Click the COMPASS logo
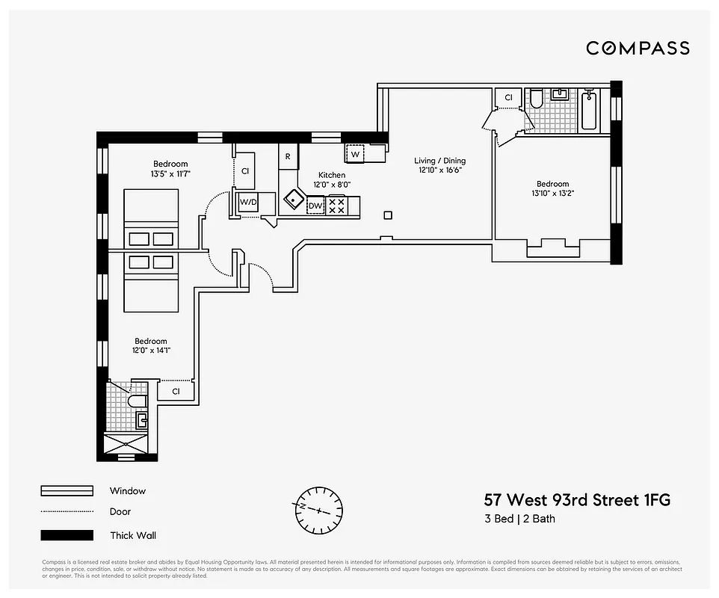[638, 49]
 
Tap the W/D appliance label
[247, 202]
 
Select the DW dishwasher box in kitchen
[315, 206]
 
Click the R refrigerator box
[288, 156]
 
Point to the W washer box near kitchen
[355, 154]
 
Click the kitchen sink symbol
[293, 200]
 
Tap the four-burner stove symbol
[336, 206]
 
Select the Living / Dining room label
[439, 161]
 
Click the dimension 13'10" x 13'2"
[552, 194]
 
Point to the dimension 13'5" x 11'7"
[170, 174]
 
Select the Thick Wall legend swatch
[67, 535]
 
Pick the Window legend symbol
[67, 491]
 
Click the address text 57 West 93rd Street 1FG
[577, 500]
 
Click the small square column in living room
[387, 215]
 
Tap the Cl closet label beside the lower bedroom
[176, 391]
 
